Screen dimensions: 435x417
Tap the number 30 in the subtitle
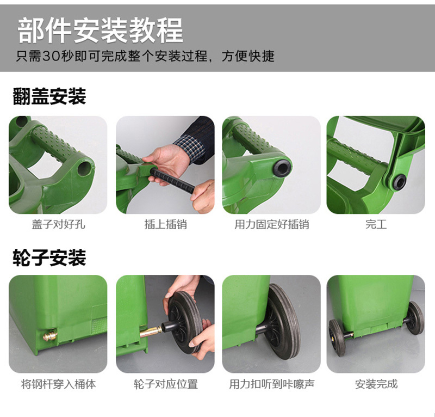pos(51,56)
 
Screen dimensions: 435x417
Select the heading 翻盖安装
pos(49,96)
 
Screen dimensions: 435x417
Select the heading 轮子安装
pos(49,257)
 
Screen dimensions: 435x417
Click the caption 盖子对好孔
pos(58,224)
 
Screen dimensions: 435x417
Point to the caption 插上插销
pos(166,224)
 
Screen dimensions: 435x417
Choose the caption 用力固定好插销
pos(271,224)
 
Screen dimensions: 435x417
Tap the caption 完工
pos(376,224)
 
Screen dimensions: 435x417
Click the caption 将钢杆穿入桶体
pos(58,384)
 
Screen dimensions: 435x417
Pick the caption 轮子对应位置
pos(166,384)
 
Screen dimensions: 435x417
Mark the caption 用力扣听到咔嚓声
pos(271,384)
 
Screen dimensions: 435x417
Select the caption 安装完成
pos(376,384)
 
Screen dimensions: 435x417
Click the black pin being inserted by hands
pos(172,181)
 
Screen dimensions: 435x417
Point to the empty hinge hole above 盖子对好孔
pos(84,168)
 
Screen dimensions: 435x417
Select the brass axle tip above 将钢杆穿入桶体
pos(50,334)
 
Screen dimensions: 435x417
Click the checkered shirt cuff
pos(189,146)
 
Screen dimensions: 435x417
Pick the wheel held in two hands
pos(184,322)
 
